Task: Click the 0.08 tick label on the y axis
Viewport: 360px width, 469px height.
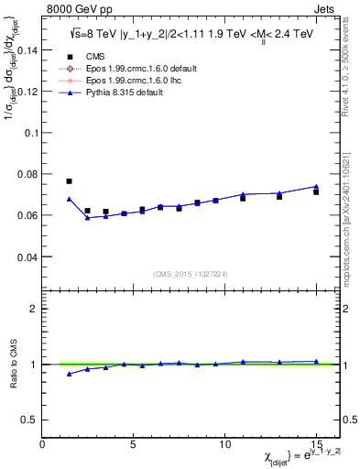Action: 27,174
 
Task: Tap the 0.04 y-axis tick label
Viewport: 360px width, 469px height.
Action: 27,257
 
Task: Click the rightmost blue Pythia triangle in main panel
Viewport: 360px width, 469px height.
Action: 316,187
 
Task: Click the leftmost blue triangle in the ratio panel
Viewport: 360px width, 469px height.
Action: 69,374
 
